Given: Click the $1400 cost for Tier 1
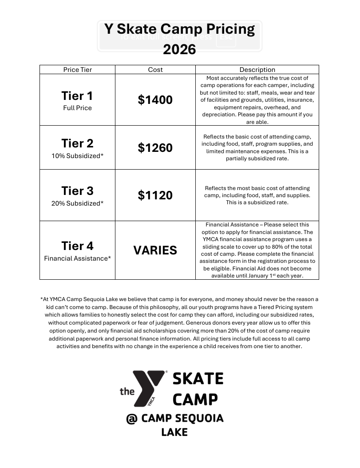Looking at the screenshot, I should tap(155, 100).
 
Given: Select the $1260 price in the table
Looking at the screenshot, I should tap(155, 147).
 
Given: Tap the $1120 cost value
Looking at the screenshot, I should tap(155, 195).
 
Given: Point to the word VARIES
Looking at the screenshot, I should tap(155, 250).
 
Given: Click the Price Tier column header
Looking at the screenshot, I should tap(78, 70).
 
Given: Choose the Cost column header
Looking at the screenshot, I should tap(155, 70).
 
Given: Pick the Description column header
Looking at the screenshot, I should tap(257, 70).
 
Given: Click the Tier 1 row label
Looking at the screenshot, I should tap(77, 96).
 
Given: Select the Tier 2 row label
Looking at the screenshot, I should tap(77, 143).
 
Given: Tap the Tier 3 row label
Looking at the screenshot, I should tap(77, 191).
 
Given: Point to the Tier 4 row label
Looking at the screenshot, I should tap(77, 246).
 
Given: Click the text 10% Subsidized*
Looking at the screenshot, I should tap(77, 156).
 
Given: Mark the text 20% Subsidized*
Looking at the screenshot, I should tap(77, 203).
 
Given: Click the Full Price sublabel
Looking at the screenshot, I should tap(77, 108).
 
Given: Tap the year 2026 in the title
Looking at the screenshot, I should tap(179, 49).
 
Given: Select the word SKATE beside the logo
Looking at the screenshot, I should tap(198, 379).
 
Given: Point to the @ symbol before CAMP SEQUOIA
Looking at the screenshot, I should tap(131, 419).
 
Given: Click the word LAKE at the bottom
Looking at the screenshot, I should tap(174, 432).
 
